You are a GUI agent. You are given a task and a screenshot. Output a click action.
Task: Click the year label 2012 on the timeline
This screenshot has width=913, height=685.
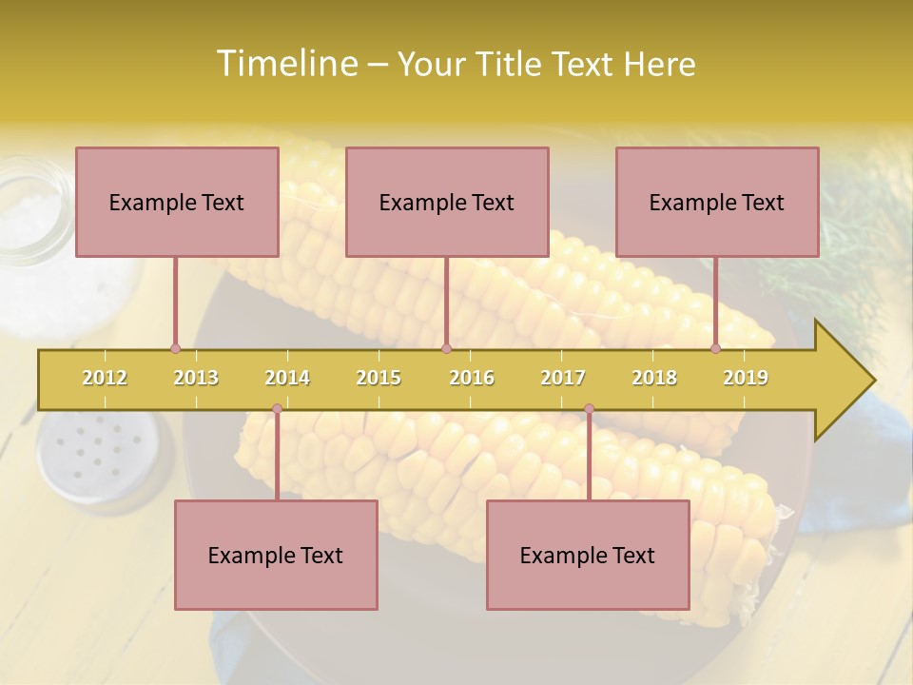(x=105, y=378)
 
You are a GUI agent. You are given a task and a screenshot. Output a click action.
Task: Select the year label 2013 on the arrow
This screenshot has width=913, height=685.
(x=196, y=378)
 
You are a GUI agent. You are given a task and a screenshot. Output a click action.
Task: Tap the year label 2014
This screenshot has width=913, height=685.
(x=287, y=378)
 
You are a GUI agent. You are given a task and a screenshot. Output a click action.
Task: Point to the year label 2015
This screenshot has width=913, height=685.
(x=379, y=378)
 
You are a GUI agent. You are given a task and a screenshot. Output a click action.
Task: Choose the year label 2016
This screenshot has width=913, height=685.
(x=472, y=378)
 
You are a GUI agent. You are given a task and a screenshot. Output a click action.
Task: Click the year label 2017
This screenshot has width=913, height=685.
(x=563, y=378)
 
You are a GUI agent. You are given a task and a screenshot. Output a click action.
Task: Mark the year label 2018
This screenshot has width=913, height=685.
(x=654, y=378)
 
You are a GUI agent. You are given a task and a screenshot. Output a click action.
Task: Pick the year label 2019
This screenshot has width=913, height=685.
(x=746, y=378)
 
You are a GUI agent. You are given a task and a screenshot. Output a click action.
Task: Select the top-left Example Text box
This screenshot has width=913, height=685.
(x=177, y=202)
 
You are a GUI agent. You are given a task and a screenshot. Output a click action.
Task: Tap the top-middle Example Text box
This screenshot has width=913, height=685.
(x=447, y=202)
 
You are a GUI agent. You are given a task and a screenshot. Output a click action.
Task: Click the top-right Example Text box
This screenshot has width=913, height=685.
(x=717, y=202)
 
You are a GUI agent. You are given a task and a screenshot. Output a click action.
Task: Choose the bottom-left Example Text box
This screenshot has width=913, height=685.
(x=276, y=555)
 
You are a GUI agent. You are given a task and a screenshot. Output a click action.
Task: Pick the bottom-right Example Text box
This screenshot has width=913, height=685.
(x=588, y=555)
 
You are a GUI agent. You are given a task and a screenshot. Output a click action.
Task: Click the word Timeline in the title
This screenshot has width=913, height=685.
(x=285, y=64)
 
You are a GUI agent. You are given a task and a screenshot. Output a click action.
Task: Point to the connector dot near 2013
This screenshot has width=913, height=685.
(x=175, y=348)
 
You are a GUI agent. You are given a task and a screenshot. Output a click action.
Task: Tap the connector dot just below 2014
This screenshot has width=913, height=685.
(x=277, y=408)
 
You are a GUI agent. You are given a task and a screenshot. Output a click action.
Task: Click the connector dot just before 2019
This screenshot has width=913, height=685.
(x=715, y=348)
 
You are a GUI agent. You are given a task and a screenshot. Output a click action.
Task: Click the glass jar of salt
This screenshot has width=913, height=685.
(x=33, y=214)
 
